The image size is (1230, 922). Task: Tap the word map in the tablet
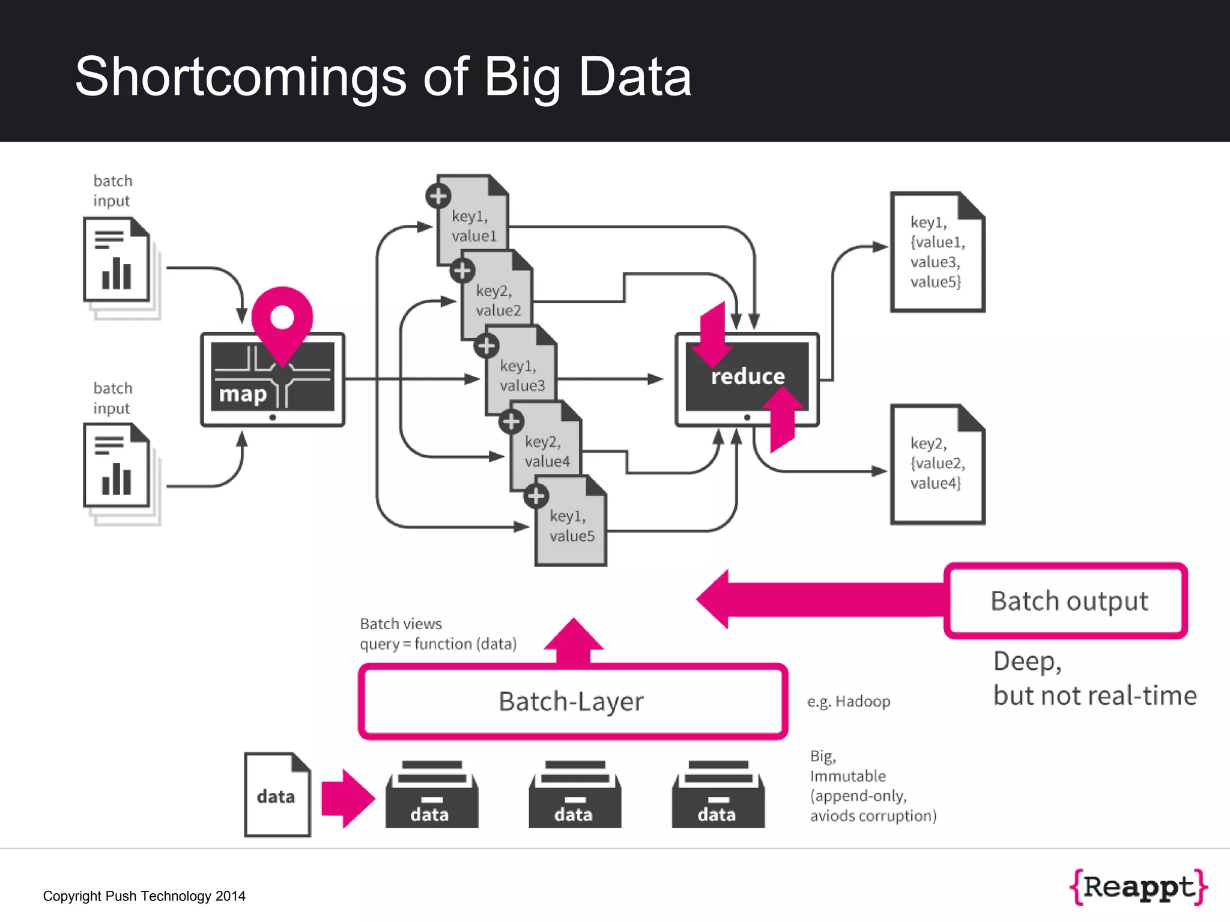[243, 394]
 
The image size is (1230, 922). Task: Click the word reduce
[748, 376]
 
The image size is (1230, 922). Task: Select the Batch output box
[1066, 600]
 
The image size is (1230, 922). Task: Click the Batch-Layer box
[572, 701]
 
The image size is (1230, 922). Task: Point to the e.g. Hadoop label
[848, 701]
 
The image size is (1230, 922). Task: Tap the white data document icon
[277, 795]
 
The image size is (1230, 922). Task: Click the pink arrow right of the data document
[348, 798]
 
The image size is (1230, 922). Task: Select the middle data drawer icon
[575, 795]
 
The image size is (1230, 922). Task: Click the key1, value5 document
[571, 526]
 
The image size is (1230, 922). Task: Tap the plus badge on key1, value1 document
[438, 196]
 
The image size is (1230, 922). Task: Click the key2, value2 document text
[498, 301]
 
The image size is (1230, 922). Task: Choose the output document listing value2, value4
[937, 464]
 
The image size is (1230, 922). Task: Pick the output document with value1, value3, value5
[937, 252]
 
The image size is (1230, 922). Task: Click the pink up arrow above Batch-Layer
[574, 641]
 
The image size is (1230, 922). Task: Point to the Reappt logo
[1139, 887]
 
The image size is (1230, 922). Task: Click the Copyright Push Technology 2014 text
[144, 896]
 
